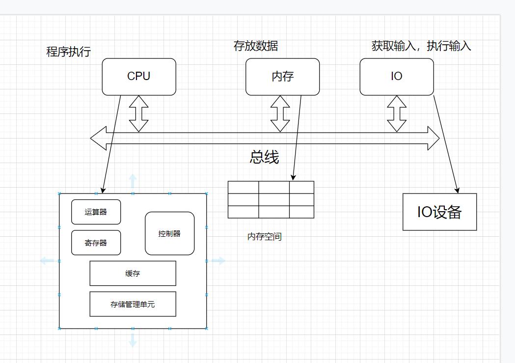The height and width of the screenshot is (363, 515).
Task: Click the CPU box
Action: [139, 77]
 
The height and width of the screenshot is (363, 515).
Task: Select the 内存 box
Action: [282, 77]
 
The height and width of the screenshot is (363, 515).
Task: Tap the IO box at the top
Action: [397, 77]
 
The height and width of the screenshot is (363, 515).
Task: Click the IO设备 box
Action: [439, 212]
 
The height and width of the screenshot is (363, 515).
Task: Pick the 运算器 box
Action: [96, 212]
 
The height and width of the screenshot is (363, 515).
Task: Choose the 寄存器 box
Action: [96, 243]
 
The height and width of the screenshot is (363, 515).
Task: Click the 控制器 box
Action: [169, 233]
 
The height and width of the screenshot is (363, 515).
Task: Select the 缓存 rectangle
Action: [133, 273]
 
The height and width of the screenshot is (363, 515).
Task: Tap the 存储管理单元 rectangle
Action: [133, 304]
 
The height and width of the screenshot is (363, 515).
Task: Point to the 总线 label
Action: [264, 157]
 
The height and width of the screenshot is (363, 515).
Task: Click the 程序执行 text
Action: [68, 52]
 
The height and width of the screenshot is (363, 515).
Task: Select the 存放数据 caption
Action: [255, 46]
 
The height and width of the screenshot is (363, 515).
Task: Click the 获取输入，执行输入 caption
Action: [421, 46]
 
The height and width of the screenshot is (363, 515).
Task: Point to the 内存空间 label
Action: [264, 236]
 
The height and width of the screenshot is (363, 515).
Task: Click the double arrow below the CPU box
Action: [139, 113]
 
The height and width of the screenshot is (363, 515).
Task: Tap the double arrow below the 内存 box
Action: [280, 113]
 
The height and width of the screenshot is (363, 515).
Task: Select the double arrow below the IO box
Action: [397, 113]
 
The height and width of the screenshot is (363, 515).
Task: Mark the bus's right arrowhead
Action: [433, 138]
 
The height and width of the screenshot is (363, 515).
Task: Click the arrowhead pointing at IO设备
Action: [457, 190]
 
